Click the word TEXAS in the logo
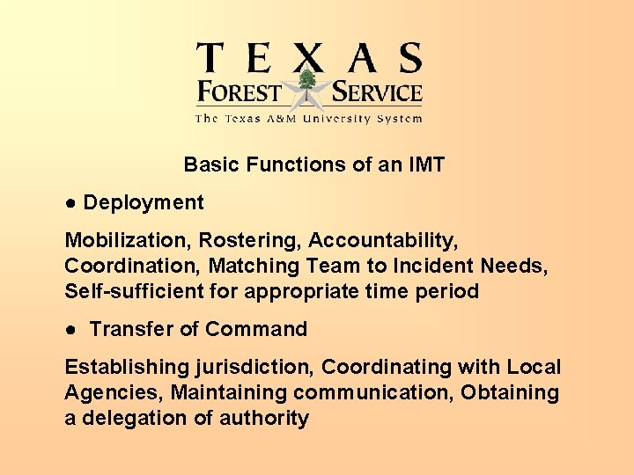coord(309,58)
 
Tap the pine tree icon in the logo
coord(307,84)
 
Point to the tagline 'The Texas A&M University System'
coord(308,119)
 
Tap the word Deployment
coord(144,203)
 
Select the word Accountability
coord(383,240)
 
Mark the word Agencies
coord(113,392)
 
